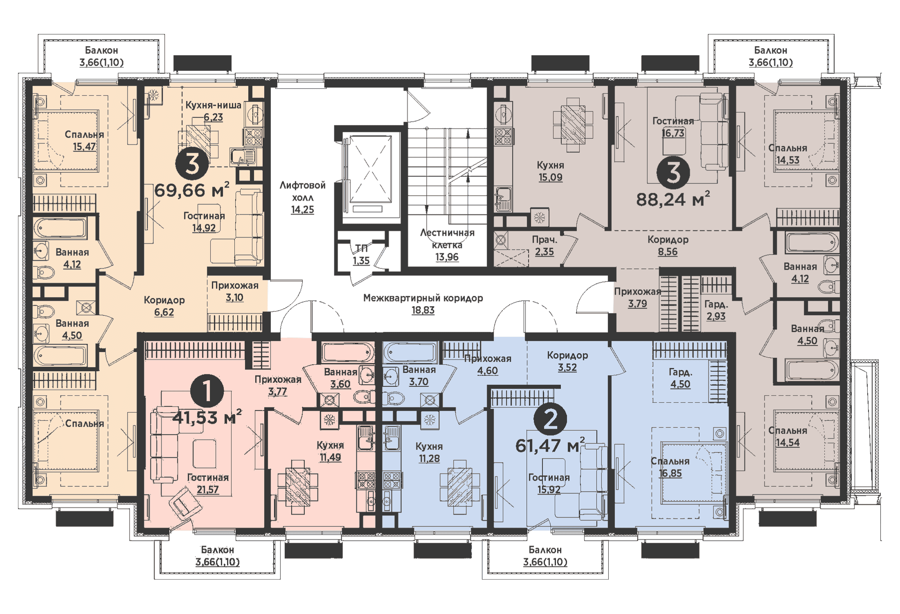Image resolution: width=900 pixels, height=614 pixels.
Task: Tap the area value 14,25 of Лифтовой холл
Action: (x=302, y=210)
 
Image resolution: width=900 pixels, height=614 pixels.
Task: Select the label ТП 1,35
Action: (x=361, y=255)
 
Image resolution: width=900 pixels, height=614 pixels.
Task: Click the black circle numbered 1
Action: (x=207, y=391)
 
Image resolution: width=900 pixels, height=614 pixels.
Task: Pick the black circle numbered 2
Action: (x=550, y=419)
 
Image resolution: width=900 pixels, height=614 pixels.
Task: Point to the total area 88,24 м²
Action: (x=673, y=199)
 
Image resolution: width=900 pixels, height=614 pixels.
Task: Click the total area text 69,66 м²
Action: (x=191, y=190)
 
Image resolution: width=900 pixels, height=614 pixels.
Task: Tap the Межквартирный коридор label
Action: (x=423, y=298)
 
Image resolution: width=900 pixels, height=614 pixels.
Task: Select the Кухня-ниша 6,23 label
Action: (x=213, y=111)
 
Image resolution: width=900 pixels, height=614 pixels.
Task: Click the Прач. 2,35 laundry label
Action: (x=544, y=246)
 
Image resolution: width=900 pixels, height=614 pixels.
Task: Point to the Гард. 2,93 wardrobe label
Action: (x=715, y=310)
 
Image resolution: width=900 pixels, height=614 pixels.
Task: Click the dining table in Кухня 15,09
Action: (x=573, y=124)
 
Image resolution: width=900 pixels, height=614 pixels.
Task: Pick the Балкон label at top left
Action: (x=101, y=50)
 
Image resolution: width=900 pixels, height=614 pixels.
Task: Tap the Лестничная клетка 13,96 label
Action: (x=447, y=245)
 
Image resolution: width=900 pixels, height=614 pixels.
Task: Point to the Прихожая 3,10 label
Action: (x=234, y=291)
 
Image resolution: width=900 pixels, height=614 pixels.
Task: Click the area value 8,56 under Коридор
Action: (x=667, y=252)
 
